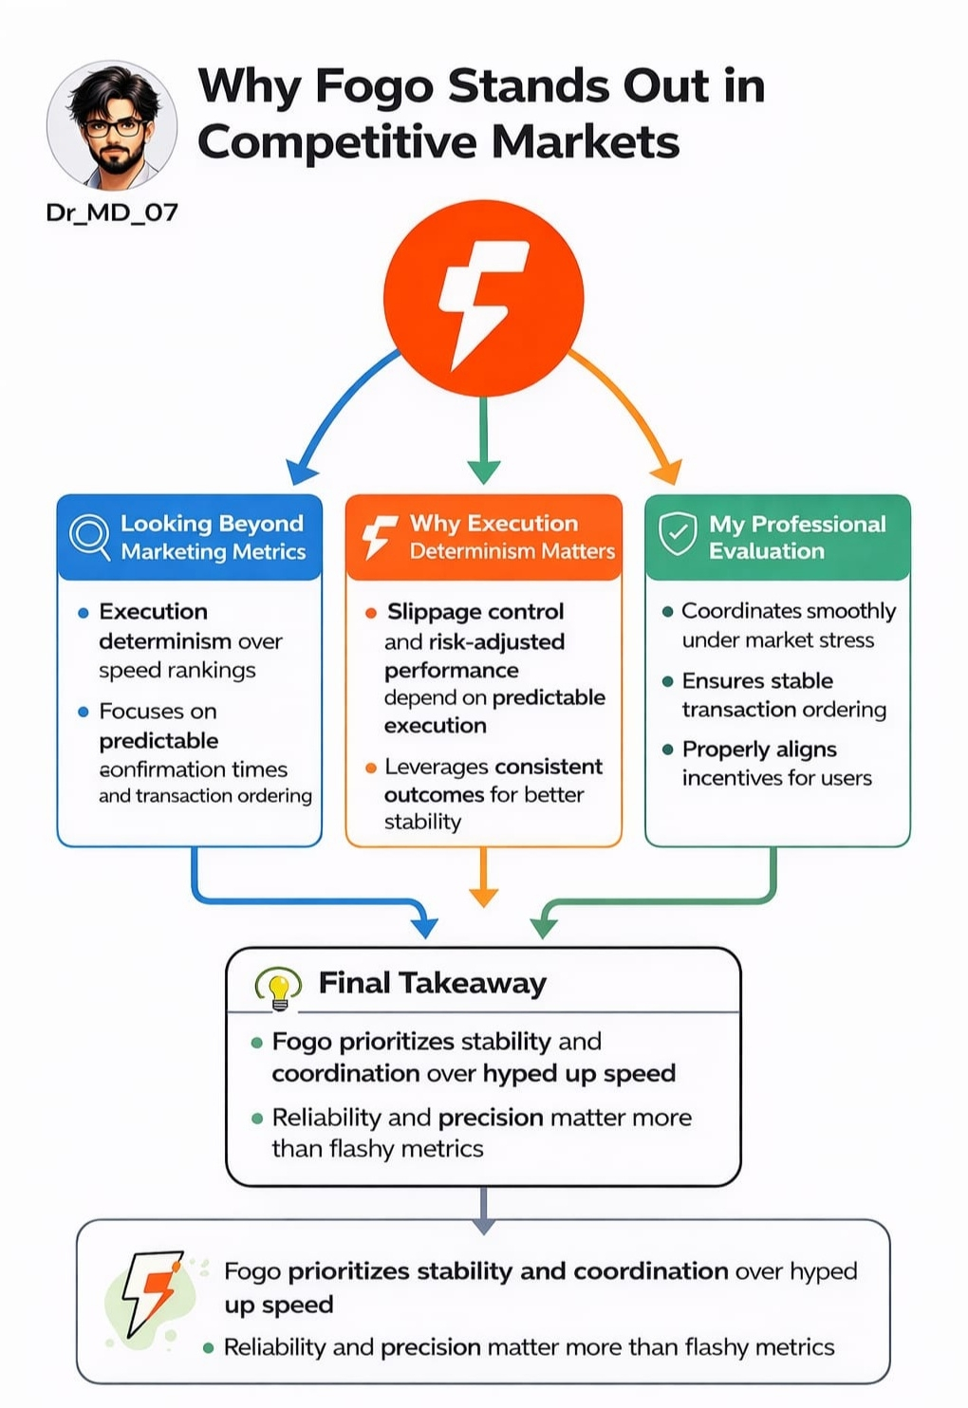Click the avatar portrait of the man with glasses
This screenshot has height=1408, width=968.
(112, 125)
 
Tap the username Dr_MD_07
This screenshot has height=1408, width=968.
(112, 212)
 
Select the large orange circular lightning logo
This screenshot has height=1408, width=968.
(483, 298)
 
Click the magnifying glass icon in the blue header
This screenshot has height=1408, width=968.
(90, 537)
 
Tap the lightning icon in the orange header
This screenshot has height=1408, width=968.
(380, 537)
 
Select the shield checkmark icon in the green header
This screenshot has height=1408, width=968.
(678, 535)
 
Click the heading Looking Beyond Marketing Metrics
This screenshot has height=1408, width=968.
(213, 537)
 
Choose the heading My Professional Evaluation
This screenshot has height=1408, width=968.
(796, 537)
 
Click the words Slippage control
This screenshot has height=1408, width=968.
(475, 612)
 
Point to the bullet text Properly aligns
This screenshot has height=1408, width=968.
(759, 750)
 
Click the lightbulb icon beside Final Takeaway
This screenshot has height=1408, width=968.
(279, 988)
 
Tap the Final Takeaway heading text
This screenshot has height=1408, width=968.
(432, 983)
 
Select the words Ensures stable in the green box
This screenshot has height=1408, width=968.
(757, 680)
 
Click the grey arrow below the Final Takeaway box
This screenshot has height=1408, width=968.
(484, 1210)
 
